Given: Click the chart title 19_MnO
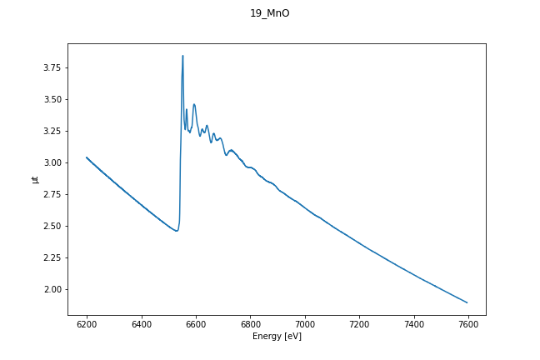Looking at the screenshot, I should [270, 13].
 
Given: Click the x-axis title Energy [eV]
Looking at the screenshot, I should [277, 337].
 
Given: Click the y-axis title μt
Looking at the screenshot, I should [35, 179].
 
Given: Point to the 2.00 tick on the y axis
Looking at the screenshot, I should [52, 289].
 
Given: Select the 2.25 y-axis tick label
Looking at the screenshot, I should [52, 257].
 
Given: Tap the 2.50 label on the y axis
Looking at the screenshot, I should [52, 226].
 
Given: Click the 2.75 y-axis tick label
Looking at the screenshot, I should [52, 194].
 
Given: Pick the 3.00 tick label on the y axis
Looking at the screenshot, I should [52, 162].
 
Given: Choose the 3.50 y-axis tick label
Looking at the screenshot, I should [52, 99].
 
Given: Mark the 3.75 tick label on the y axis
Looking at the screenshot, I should [52, 67].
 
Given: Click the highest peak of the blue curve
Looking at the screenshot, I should [182, 56].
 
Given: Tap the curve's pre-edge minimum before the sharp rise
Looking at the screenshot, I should [176, 231].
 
